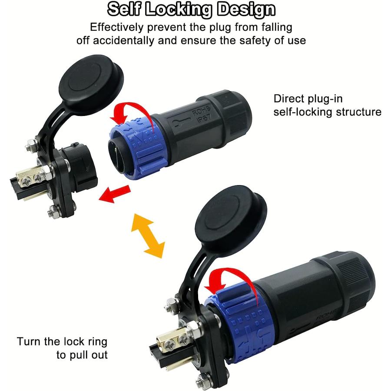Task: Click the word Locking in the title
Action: coord(177,10)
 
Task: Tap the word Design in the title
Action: coord(245,10)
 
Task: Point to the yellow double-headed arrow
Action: coord(148,235)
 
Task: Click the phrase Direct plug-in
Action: coord(308,99)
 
